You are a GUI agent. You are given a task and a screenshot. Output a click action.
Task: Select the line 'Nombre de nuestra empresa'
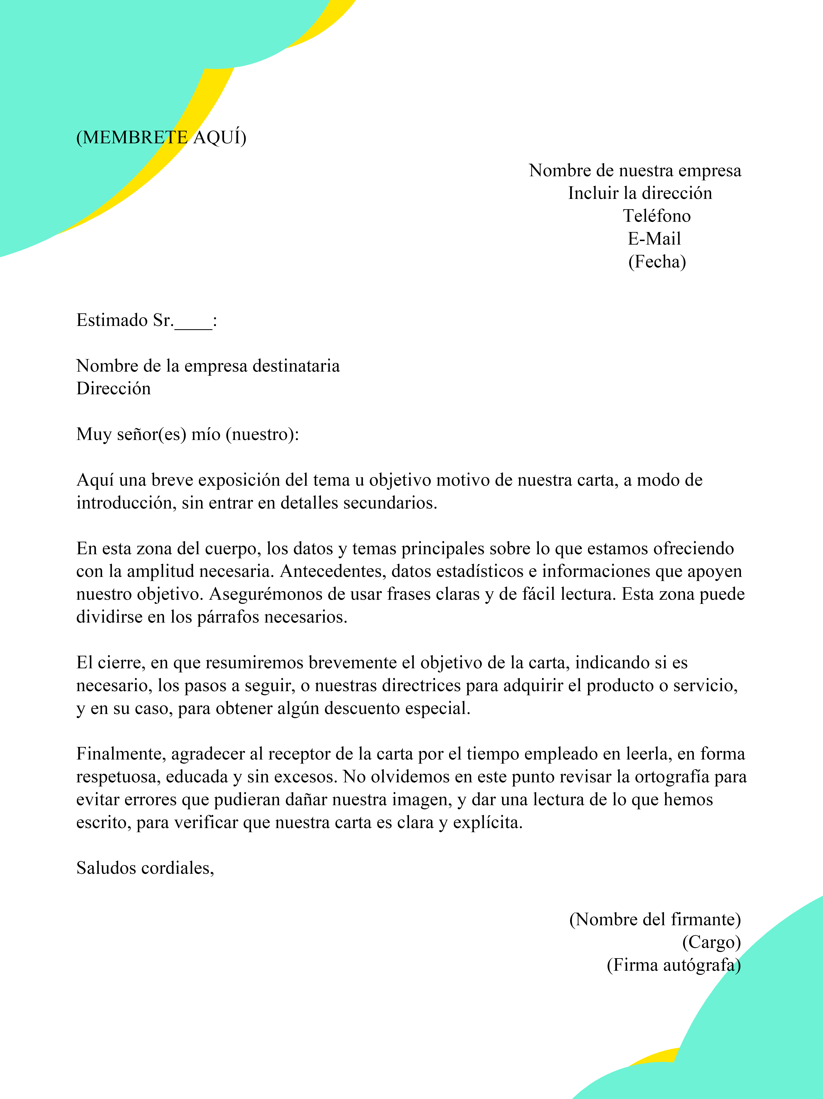tap(635, 170)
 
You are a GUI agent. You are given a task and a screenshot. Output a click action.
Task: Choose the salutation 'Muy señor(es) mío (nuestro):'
tap(188, 434)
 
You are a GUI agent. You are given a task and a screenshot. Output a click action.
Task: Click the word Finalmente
tap(121, 754)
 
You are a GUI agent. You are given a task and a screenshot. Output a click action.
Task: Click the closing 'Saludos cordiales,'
tap(145, 868)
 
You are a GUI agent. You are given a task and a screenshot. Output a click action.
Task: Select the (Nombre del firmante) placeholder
tap(655, 920)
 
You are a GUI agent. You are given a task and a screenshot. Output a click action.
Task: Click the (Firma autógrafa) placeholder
tap(674, 965)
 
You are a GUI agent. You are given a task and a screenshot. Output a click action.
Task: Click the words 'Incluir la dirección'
tap(640, 193)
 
